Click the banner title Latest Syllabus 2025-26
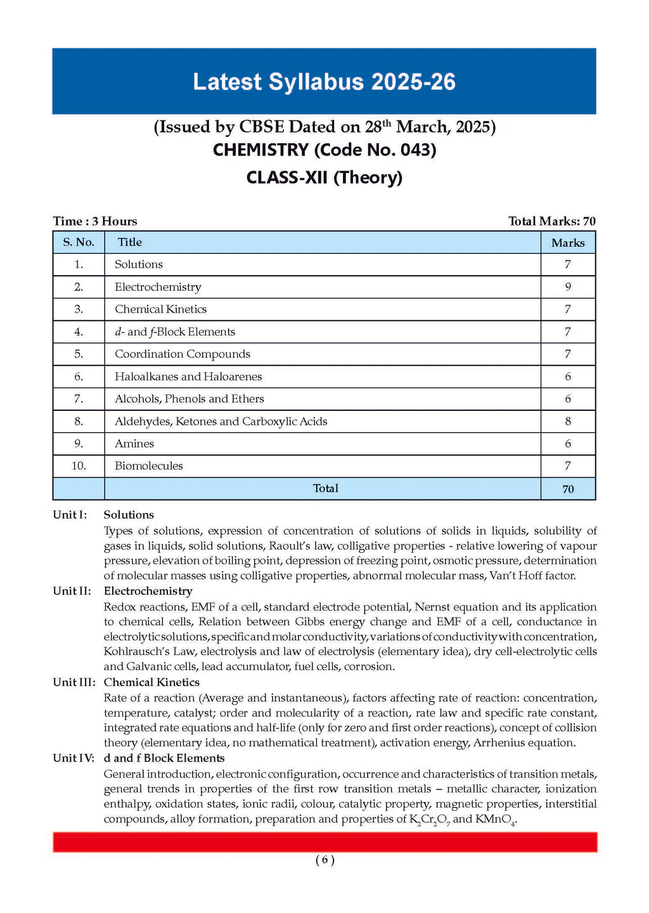click(x=324, y=82)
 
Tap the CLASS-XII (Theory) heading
click(x=324, y=177)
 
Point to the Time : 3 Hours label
click(x=95, y=221)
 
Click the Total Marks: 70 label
click(x=551, y=221)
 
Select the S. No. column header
click(x=79, y=242)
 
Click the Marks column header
click(x=568, y=243)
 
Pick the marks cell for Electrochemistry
click(x=568, y=287)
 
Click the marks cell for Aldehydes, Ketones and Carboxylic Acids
click(x=568, y=421)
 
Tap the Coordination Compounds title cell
click(x=183, y=354)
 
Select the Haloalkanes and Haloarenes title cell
click(x=188, y=377)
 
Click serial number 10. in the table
click(x=79, y=466)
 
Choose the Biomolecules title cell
click(x=149, y=466)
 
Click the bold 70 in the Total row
click(x=568, y=489)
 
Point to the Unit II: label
click(x=72, y=591)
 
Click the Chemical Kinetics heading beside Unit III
click(x=151, y=682)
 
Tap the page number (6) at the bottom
click(x=324, y=860)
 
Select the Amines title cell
click(x=134, y=444)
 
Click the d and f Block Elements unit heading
click(x=164, y=758)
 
